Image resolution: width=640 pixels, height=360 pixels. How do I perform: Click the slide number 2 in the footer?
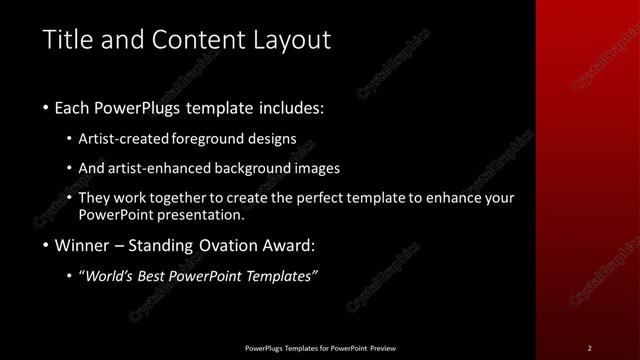click(x=589, y=348)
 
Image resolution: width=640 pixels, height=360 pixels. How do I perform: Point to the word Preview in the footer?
click(x=383, y=348)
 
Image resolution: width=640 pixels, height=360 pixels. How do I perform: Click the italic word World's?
click(x=111, y=276)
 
